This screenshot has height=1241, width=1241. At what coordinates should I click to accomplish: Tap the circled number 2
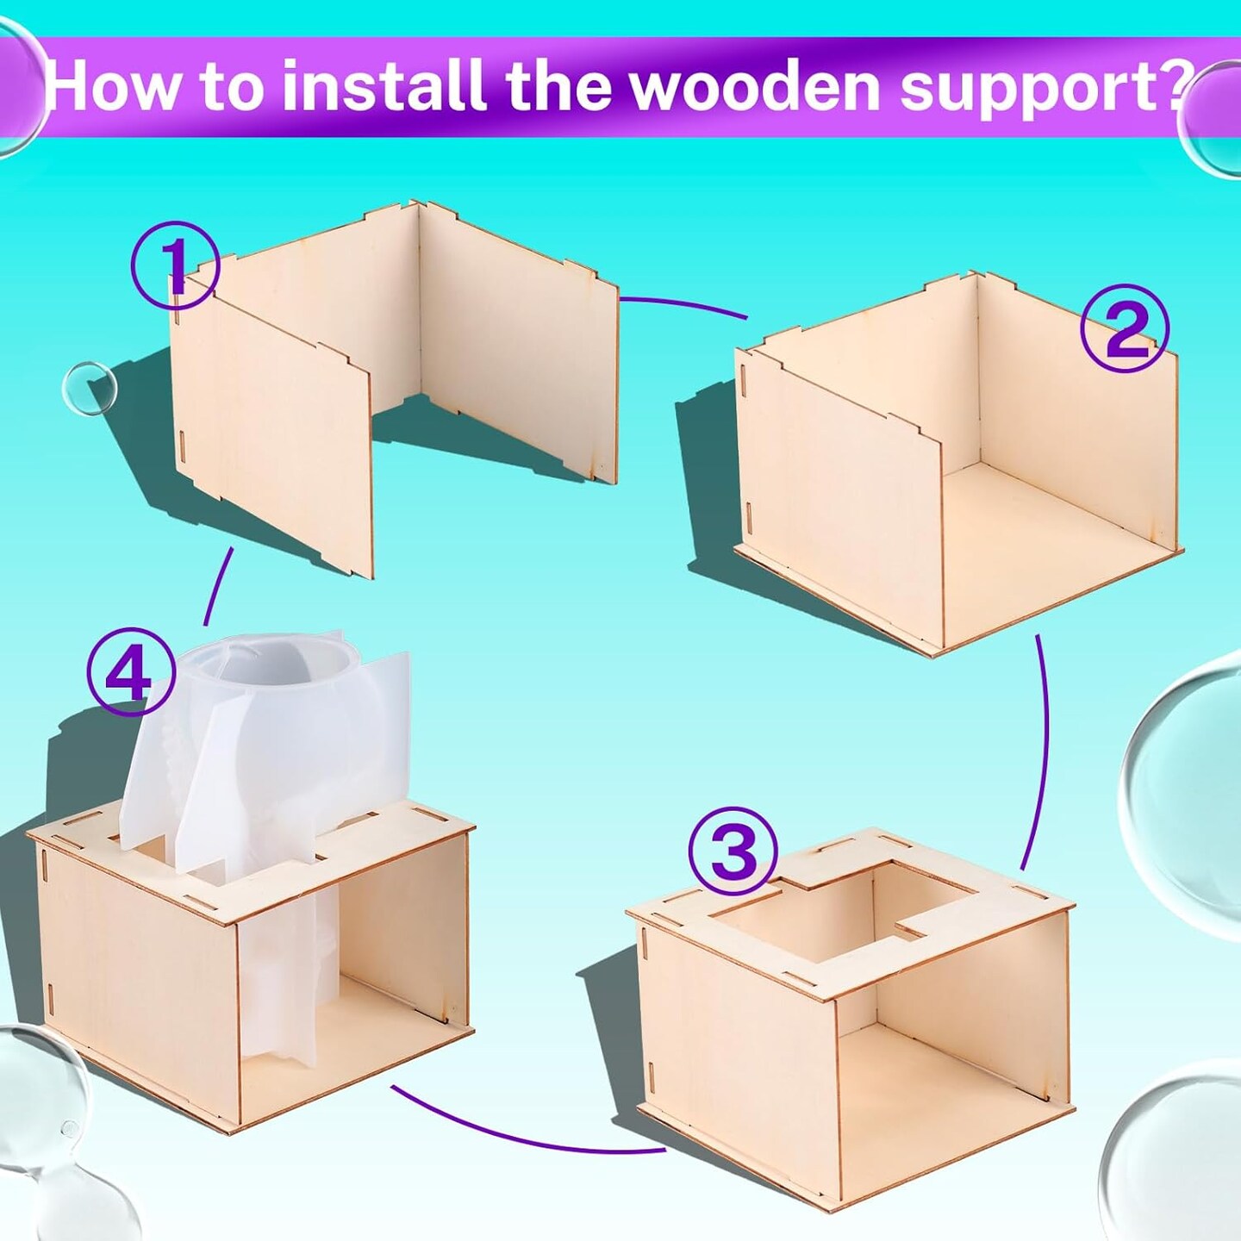point(1125,335)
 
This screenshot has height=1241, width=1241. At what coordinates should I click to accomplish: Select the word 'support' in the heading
point(1032,93)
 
